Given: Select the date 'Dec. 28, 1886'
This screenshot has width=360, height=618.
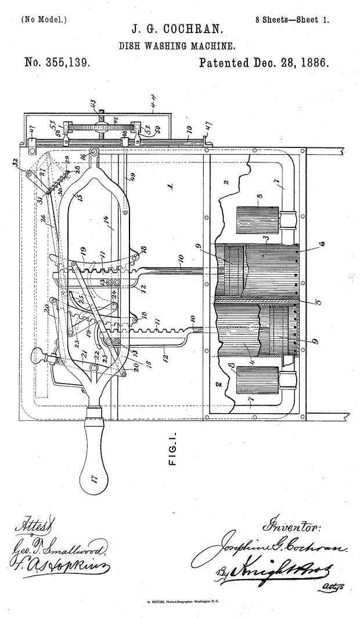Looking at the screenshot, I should (x=288, y=62).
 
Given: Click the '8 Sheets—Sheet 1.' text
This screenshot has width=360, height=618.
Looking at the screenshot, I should (x=293, y=19).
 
